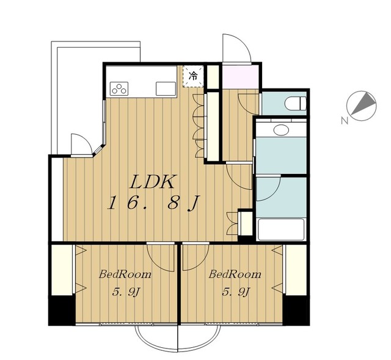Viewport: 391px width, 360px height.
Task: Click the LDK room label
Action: pyautogui.click(x=152, y=182)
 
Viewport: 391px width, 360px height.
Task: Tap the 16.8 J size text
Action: pyautogui.click(x=153, y=203)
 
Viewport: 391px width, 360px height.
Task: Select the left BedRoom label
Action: pyautogui.click(x=125, y=275)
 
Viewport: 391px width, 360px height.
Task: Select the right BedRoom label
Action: pyautogui.click(x=235, y=275)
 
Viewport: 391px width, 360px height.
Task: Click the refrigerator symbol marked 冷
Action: pyautogui.click(x=193, y=76)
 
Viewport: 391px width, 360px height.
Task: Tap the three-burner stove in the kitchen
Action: pyautogui.click(x=119, y=88)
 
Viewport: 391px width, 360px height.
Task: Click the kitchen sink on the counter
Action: pyautogui.click(x=166, y=88)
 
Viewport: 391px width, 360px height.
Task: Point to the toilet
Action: pyautogui.click(x=296, y=103)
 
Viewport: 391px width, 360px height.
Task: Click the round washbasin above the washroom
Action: pyautogui.click(x=281, y=130)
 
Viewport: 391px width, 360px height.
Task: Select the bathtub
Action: pyautogui.click(x=281, y=229)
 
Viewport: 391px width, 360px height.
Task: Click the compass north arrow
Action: pyautogui.click(x=364, y=104)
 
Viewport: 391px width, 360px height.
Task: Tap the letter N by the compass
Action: pyautogui.click(x=345, y=121)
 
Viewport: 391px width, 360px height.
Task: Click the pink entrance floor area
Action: pyautogui.click(x=240, y=76)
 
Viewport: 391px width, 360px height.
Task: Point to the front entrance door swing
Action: pyautogui.click(x=236, y=48)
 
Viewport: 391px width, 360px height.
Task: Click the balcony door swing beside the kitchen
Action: pyautogui.click(x=82, y=145)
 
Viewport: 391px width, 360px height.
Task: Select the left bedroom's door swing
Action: pyautogui.click(x=161, y=257)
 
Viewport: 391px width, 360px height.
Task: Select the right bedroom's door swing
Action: pyautogui.click(x=195, y=257)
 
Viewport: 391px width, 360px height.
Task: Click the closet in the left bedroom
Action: pyautogui.click(x=62, y=270)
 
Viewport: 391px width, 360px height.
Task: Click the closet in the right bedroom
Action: pyautogui.click(x=296, y=270)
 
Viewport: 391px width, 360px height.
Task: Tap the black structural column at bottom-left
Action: pyautogui.click(x=62, y=310)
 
